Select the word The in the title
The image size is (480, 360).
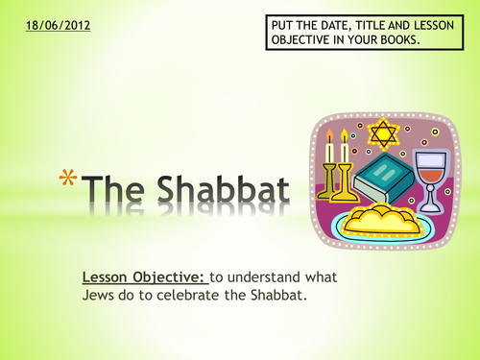pos(111,187)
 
